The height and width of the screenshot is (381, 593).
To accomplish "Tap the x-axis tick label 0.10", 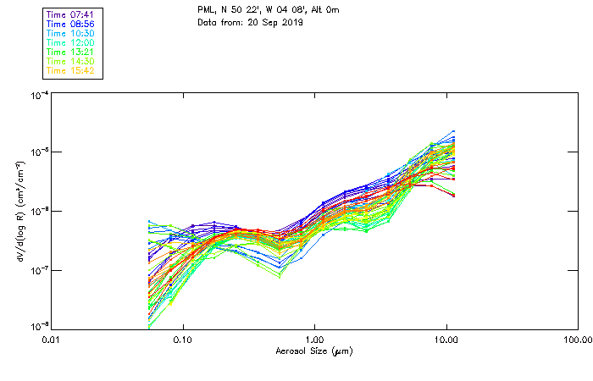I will (x=183, y=339).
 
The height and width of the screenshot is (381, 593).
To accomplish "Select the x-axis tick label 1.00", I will (x=314, y=339).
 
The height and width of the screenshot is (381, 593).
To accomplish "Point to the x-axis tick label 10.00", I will (x=446, y=339).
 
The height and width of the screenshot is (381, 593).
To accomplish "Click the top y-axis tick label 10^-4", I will (x=39, y=96).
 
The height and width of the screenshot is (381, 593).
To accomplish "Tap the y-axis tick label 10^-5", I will (x=39, y=152).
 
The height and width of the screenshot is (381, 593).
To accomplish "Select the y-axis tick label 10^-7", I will (x=39, y=269).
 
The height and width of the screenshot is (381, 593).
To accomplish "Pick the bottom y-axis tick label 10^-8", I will (x=39, y=326).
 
